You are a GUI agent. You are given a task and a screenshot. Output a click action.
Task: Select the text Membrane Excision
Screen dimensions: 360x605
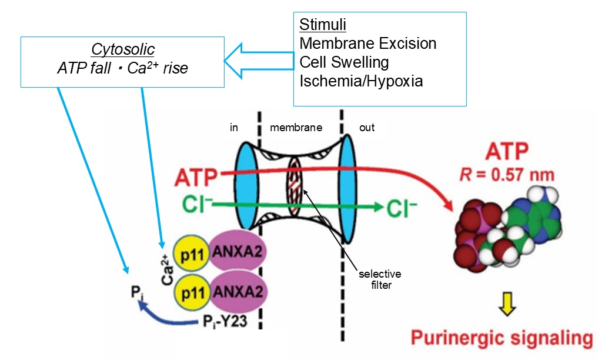click(x=367, y=44)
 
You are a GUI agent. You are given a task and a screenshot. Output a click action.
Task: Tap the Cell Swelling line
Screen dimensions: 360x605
click(x=344, y=62)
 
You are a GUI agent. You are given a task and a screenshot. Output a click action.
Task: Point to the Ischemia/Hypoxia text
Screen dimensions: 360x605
click(x=360, y=81)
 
